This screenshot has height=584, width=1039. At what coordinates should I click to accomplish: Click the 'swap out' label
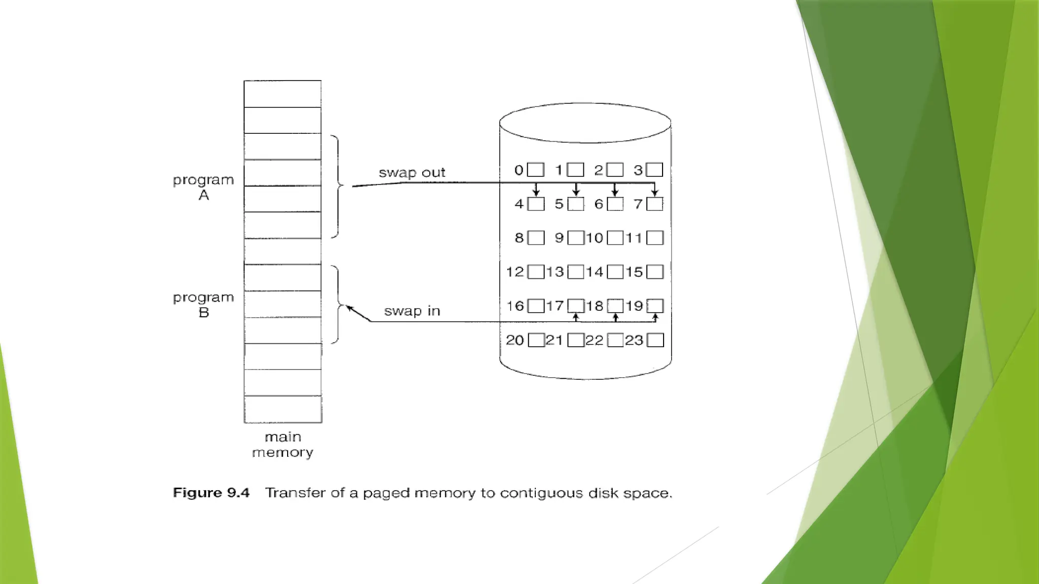pos(411,173)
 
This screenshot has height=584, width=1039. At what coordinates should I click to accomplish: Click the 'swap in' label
pos(411,311)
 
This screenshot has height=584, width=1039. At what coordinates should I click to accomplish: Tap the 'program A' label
pos(203,187)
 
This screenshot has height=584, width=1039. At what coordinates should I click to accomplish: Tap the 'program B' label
pos(203,305)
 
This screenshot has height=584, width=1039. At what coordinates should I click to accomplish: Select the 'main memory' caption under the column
pos(283,445)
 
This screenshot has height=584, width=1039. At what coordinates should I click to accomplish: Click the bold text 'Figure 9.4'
pos(211,493)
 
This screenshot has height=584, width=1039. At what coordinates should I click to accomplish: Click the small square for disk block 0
pos(536,170)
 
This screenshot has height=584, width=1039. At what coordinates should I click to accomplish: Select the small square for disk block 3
pos(654,170)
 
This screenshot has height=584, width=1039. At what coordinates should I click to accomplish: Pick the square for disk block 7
pos(654,204)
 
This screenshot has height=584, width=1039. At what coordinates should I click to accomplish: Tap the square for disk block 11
pos(654,238)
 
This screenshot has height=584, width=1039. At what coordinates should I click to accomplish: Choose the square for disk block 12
pos(536,272)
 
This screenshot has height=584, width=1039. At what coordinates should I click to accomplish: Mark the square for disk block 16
pos(536,306)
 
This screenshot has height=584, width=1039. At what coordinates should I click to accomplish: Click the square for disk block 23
pos(655,340)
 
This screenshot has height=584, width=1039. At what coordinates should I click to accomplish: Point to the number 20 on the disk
pos(515,340)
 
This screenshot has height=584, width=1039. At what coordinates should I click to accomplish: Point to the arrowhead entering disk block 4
pos(536,193)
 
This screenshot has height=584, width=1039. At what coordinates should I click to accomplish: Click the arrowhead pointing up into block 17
pos(576,317)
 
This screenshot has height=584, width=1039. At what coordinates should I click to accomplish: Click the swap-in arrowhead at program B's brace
pos(350,308)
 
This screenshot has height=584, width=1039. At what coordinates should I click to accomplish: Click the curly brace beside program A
pos(337,186)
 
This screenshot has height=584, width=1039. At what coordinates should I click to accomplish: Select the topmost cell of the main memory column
pos(283,94)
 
